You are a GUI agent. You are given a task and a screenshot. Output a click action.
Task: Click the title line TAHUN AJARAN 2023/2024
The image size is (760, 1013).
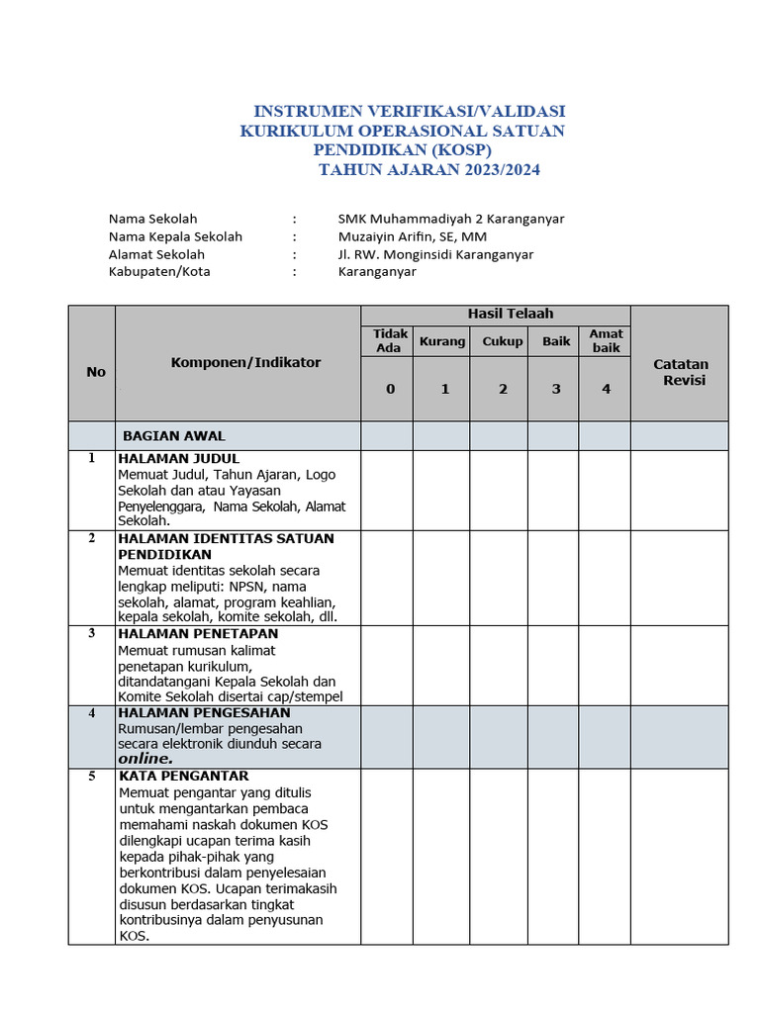(429, 170)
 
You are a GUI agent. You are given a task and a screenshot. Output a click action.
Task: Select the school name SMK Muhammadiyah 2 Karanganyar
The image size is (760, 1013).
(450, 219)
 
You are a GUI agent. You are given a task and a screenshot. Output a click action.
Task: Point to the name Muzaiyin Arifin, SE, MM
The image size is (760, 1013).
(412, 236)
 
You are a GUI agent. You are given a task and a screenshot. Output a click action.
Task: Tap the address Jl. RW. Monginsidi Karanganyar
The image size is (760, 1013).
(435, 254)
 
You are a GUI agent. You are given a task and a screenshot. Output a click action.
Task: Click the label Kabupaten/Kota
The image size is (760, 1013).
(159, 272)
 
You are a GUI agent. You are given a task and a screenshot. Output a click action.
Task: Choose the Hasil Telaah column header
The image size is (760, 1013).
(510, 314)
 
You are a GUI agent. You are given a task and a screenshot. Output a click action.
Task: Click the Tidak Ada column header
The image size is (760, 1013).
(388, 340)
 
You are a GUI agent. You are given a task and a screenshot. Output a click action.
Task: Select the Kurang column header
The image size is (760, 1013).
(441, 341)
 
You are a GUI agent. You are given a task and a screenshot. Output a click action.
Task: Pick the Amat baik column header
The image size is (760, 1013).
(606, 340)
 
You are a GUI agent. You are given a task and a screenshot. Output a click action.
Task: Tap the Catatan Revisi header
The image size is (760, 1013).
(681, 372)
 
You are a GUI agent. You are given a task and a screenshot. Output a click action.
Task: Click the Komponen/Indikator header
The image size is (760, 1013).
(245, 362)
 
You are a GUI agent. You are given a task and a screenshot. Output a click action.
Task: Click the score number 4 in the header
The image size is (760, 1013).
(607, 389)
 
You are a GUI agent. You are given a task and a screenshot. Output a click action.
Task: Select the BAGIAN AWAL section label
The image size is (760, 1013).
(174, 435)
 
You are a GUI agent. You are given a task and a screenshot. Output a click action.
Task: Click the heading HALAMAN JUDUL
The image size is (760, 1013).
(178, 459)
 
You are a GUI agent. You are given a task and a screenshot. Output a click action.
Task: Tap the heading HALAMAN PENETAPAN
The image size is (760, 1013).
(198, 633)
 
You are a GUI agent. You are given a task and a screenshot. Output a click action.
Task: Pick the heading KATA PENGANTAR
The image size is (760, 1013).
(183, 776)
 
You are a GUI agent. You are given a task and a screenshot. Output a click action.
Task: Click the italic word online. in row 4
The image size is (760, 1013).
(145, 759)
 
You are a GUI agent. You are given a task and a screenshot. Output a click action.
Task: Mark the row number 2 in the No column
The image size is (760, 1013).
(92, 538)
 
